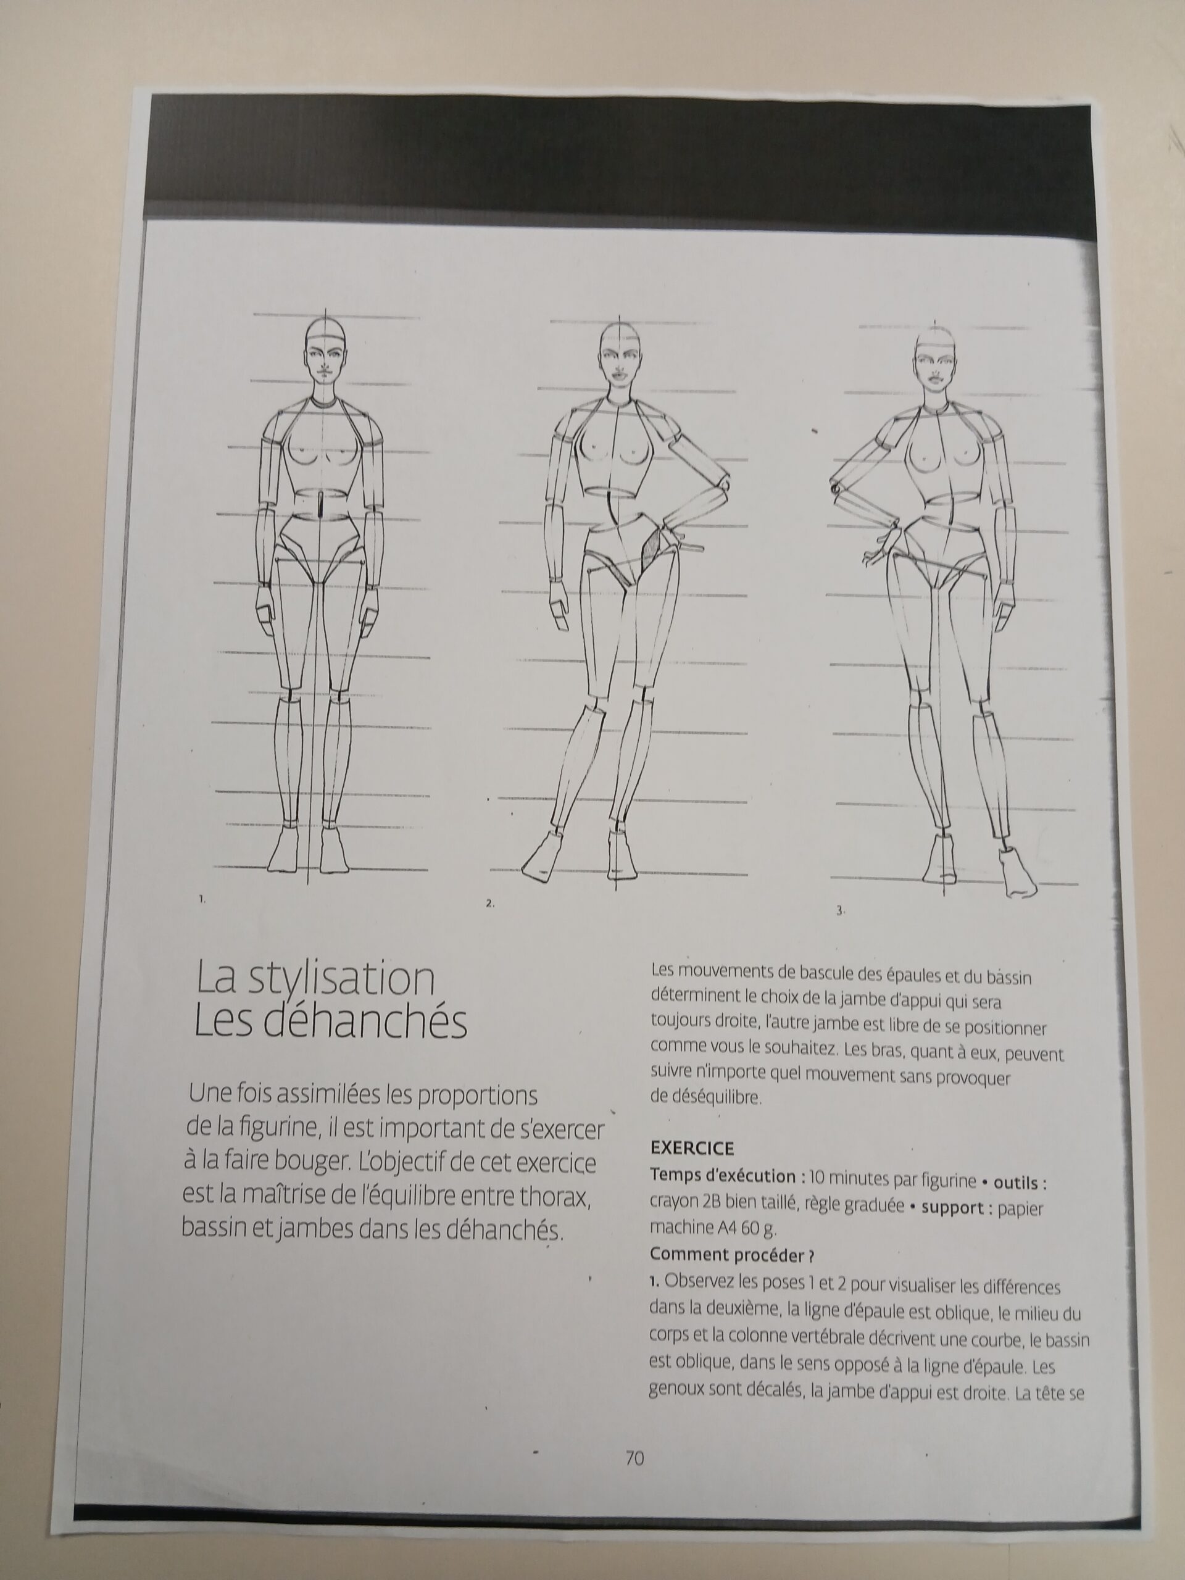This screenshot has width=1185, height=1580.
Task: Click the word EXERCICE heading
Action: click(692, 1149)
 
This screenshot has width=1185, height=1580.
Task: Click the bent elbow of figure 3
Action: click(836, 489)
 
